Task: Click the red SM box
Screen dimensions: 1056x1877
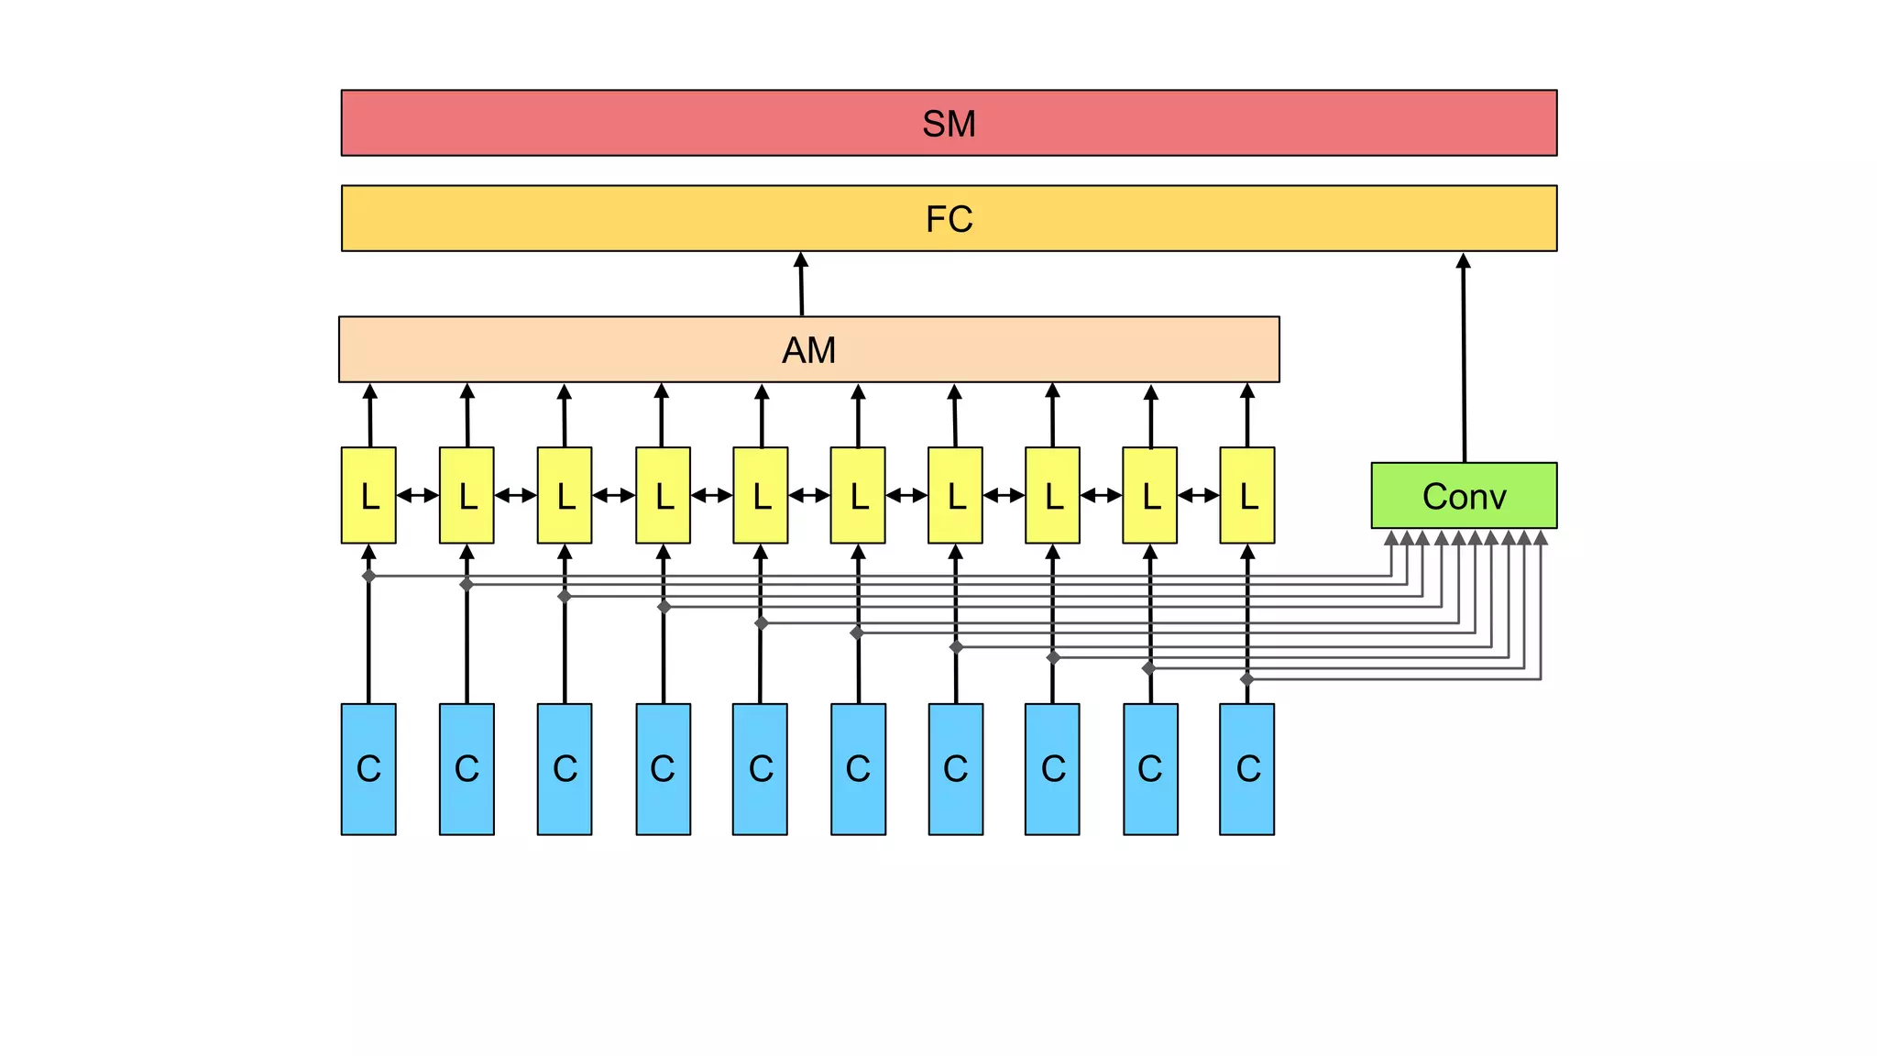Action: pyautogui.click(x=949, y=123)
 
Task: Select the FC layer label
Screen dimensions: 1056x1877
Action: pyautogui.click(x=949, y=219)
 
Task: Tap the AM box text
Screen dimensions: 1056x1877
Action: pyautogui.click(x=808, y=350)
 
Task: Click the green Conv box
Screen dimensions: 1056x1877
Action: pyautogui.click(x=1464, y=496)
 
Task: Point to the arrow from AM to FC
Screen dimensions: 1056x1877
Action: pyautogui.click(x=801, y=284)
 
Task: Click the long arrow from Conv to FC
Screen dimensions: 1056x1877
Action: pyautogui.click(x=1464, y=357)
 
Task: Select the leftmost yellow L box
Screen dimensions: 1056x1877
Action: pyautogui.click(x=368, y=496)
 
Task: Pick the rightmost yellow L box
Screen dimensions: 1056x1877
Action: pyautogui.click(x=1247, y=496)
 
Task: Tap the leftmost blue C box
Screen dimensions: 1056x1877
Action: pyautogui.click(x=368, y=769)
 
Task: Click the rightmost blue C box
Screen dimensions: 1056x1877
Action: pyautogui.click(x=1247, y=769)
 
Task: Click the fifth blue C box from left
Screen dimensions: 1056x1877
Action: pyautogui.click(x=760, y=769)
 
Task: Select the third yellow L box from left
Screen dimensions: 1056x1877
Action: pyautogui.click(x=565, y=496)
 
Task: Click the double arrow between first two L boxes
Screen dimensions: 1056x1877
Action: pyautogui.click(x=418, y=496)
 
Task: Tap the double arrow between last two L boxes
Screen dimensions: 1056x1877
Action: pyautogui.click(x=1199, y=496)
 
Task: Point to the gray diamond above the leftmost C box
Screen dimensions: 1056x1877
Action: pyautogui.click(x=368, y=576)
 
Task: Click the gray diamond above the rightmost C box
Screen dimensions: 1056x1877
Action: pyautogui.click(x=1247, y=679)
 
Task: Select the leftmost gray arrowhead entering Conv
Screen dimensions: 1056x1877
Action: pyautogui.click(x=1391, y=538)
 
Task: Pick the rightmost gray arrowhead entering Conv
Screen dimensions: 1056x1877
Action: pyautogui.click(x=1541, y=538)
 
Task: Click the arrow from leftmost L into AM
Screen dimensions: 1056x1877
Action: pyautogui.click(x=370, y=414)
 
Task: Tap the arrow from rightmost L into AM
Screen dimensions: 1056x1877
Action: pyautogui.click(x=1247, y=414)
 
